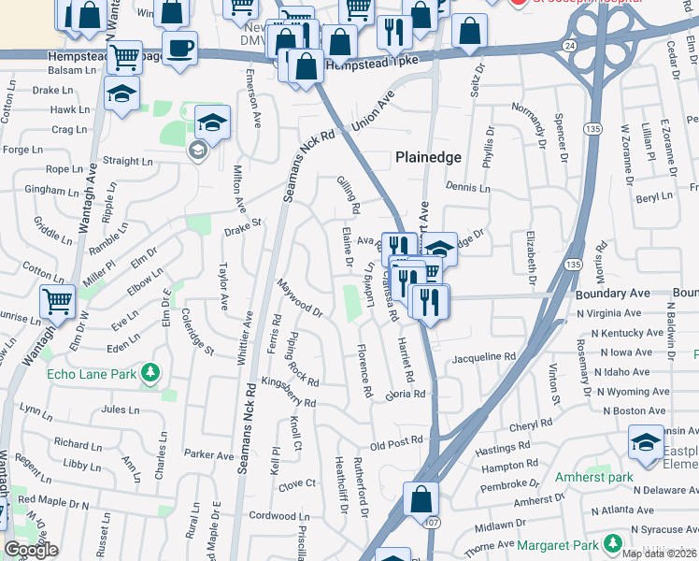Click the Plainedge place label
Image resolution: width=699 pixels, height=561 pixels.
pos(429,157)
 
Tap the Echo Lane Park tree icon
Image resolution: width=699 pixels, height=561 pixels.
pos(150,374)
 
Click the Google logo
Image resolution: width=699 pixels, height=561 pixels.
pos(31,550)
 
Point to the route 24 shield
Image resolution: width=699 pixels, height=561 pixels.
pos(569,45)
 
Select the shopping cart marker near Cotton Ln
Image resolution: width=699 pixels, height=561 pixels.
pos(57,301)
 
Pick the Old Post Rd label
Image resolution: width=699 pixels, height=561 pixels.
pos(397,439)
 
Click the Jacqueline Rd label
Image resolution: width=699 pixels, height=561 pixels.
pos(483,357)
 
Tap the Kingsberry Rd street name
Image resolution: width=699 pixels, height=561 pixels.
pos(289,392)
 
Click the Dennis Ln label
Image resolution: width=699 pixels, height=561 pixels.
pos(468,187)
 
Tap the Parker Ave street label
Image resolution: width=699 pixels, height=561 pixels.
pos(208,453)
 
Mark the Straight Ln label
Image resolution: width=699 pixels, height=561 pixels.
pos(121,161)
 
